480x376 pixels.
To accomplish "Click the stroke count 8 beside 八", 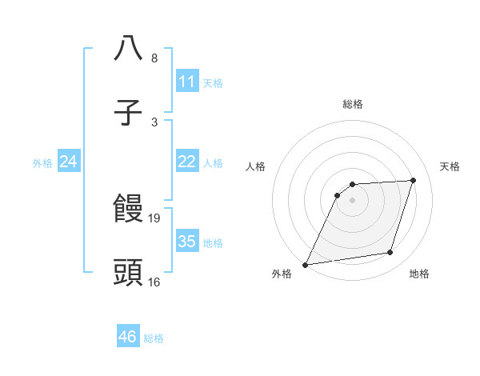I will click(x=154, y=58).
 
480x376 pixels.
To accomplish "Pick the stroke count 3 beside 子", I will click(x=154, y=122).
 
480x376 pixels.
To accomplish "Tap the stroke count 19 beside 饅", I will click(x=155, y=218).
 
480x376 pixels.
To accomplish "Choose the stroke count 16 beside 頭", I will click(x=154, y=282).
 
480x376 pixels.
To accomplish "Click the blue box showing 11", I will click(x=186, y=82).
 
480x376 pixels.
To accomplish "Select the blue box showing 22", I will click(x=186, y=162).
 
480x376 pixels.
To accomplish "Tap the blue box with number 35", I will click(x=186, y=242).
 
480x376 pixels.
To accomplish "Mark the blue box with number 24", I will click(x=68, y=162).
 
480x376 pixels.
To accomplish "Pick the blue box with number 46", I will click(x=127, y=337).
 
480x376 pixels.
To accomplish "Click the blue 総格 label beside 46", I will click(x=154, y=338).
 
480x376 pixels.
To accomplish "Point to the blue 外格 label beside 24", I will click(x=42, y=163).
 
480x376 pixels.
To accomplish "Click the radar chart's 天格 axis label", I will click(x=450, y=166).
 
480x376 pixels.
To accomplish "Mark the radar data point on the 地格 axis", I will click(x=390, y=253).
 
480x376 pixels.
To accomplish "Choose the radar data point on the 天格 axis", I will click(x=414, y=181).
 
